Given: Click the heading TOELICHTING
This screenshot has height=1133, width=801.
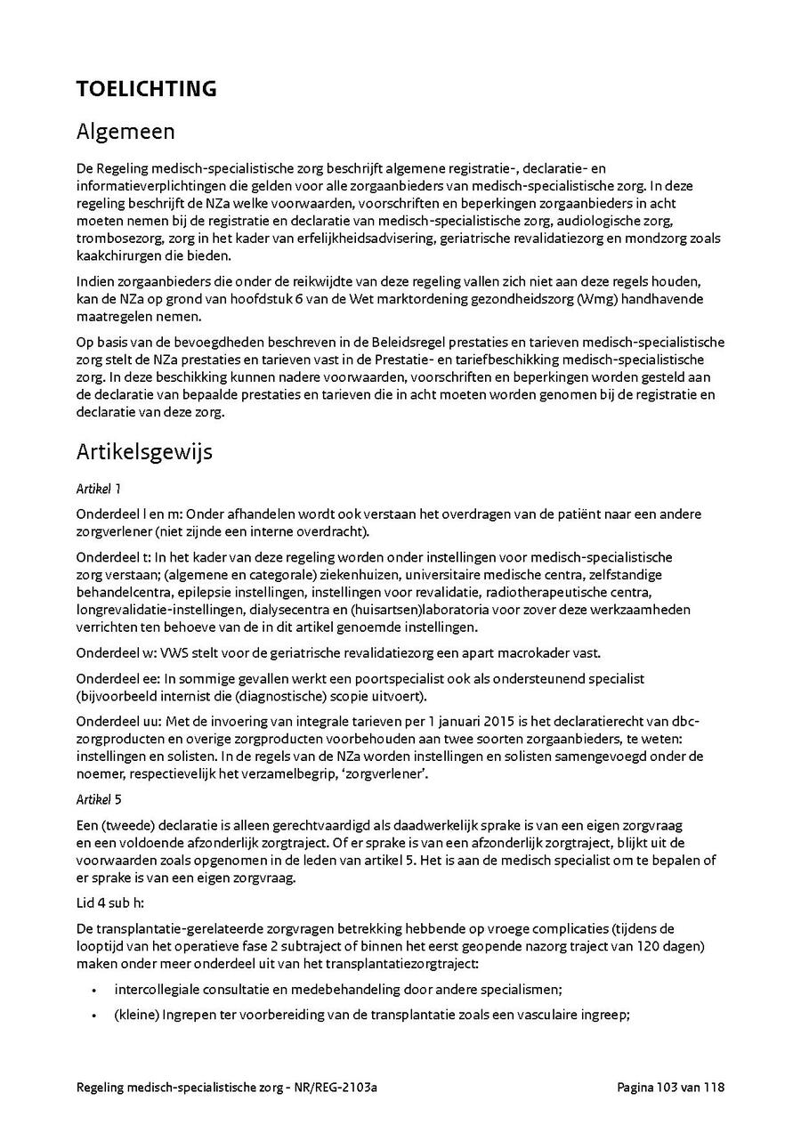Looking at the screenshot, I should pos(146,89).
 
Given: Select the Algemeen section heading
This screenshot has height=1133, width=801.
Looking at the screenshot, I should pos(125,132).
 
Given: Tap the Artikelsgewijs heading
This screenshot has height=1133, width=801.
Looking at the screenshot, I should pos(144,451).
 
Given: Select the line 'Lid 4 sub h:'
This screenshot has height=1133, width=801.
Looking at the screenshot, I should pos(109,902).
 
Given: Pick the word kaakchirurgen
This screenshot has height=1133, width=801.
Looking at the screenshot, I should pos(117,256).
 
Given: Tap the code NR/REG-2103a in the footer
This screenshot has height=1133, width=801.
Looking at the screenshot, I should pos(339,1088).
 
